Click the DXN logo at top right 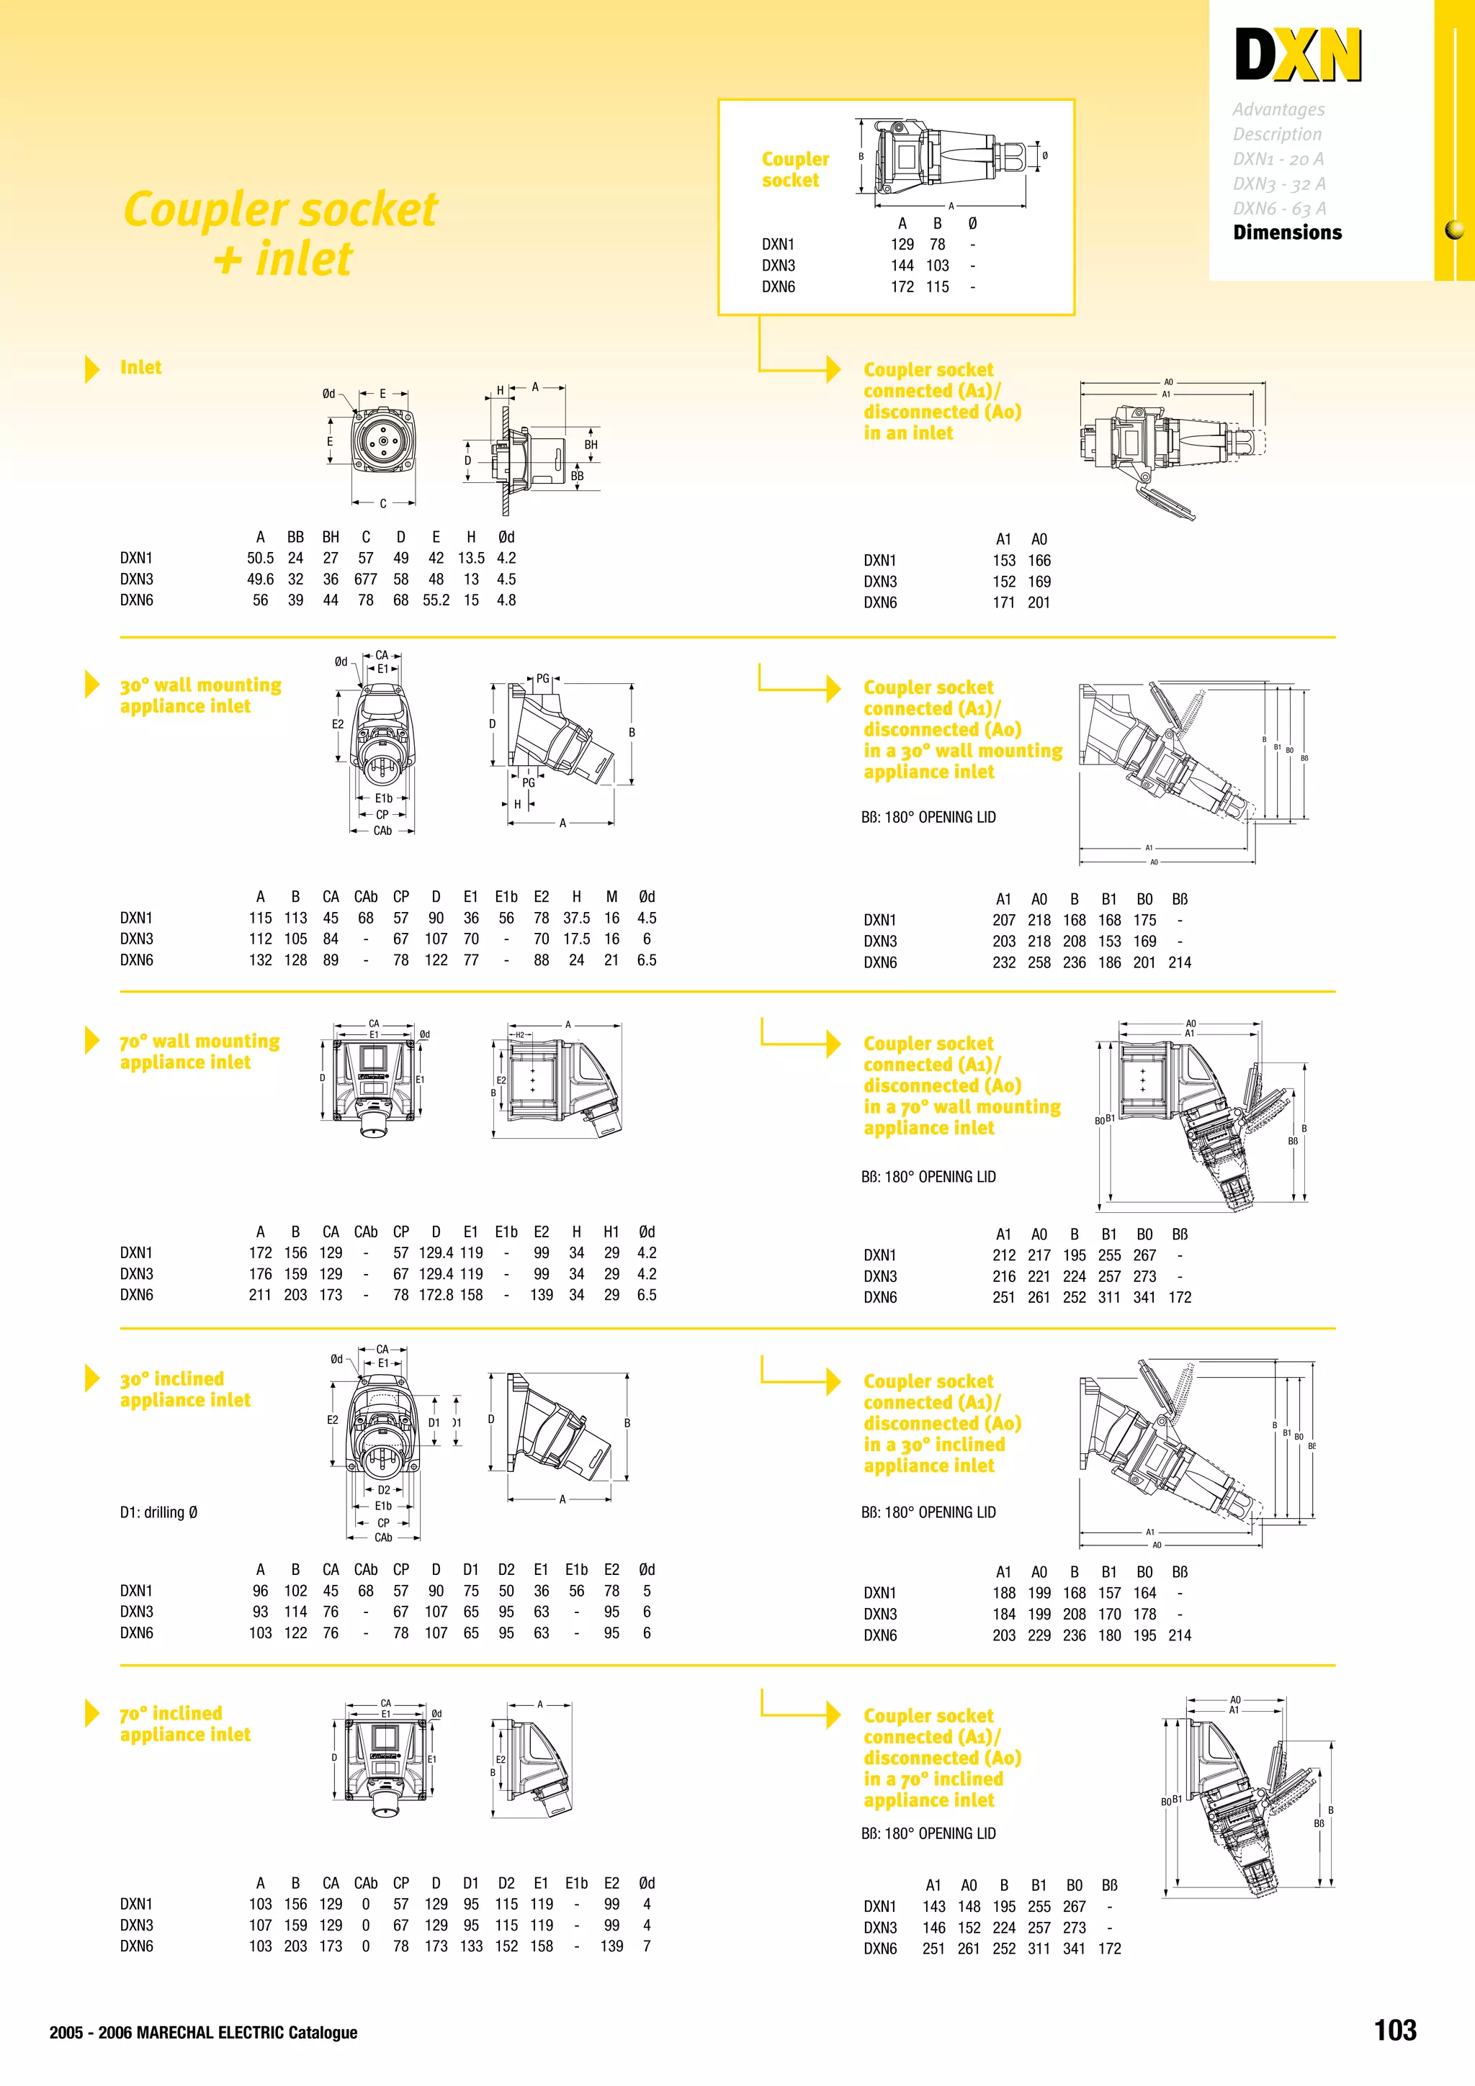coord(1298,55)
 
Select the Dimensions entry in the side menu coord(1286,232)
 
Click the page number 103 coord(1394,2030)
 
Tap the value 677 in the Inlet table coord(365,579)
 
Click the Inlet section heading coord(141,367)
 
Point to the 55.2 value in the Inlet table coord(435,600)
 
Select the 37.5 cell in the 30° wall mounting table coord(576,918)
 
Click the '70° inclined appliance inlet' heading coord(184,1723)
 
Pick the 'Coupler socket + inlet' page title coord(281,233)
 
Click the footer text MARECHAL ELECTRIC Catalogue coord(246,2033)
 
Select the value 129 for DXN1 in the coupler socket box coord(902,245)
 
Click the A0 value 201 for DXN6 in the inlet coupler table coord(1039,602)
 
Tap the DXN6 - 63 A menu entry coord(1278,208)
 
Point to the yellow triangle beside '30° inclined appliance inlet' coord(91,1378)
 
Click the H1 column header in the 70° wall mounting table coord(611,1232)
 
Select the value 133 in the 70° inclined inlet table coord(471,1946)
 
